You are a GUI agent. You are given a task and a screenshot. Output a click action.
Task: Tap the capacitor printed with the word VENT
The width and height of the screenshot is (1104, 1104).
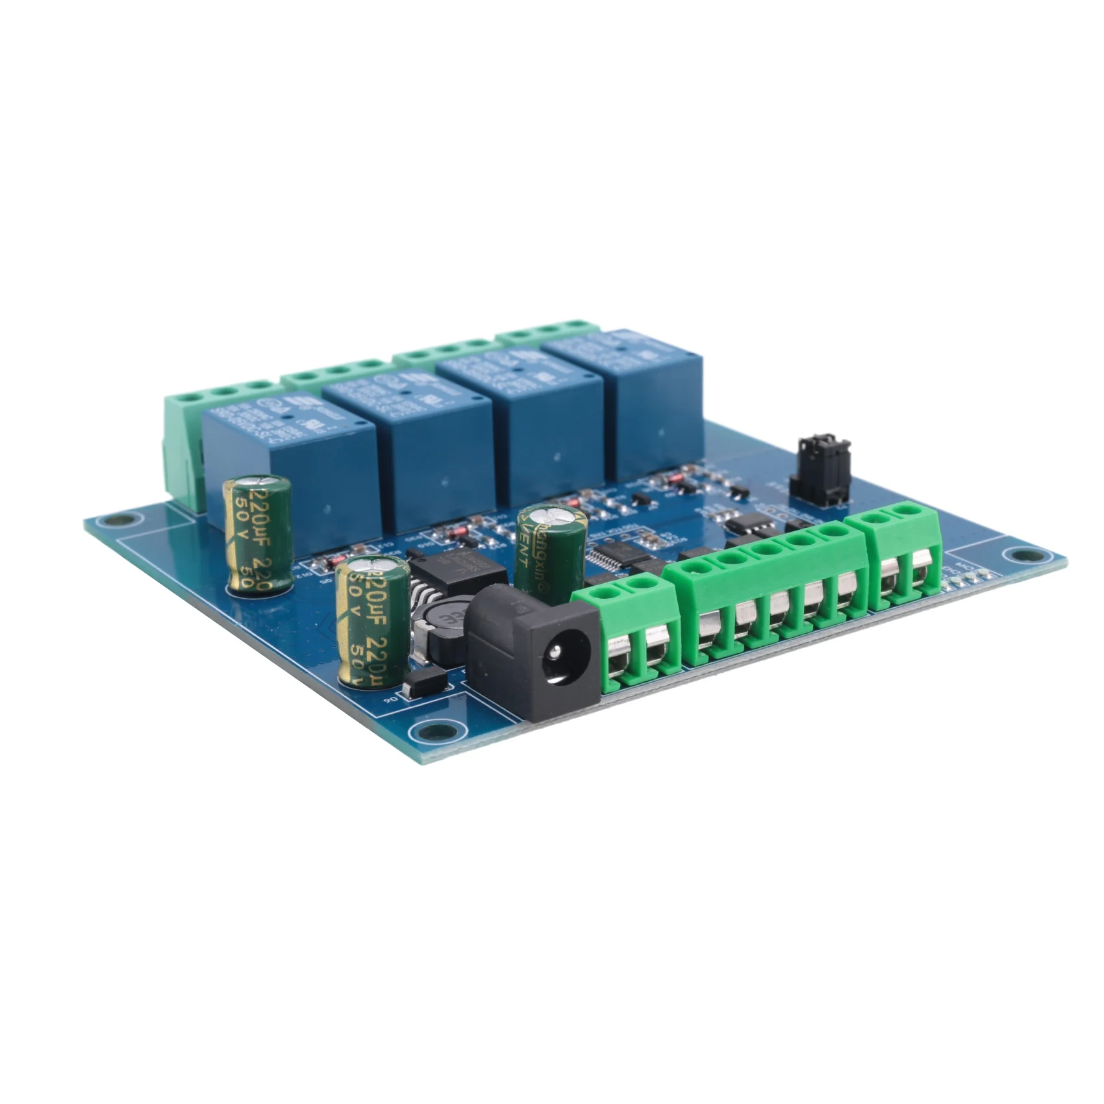pyautogui.click(x=551, y=552)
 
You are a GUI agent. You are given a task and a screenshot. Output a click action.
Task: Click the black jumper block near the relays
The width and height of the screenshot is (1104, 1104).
pyautogui.click(x=820, y=471)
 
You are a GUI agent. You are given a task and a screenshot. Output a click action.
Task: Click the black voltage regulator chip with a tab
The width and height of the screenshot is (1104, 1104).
pyautogui.click(x=458, y=571)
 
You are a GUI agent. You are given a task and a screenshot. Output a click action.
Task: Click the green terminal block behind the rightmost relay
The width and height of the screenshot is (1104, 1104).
pyautogui.click(x=546, y=332)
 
